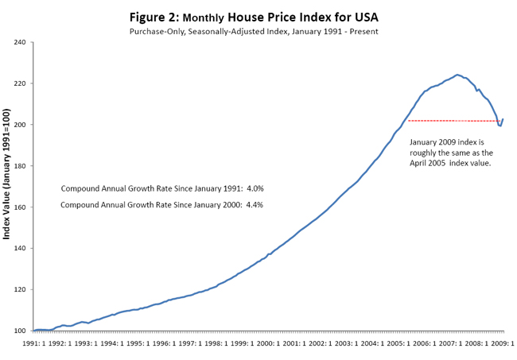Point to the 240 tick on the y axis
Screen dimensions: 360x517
click(x=21, y=42)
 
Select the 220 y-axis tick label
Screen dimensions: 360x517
click(x=21, y=83)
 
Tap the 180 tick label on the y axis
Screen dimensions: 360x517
click(x=21, y=166)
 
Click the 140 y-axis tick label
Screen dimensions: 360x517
click(x=21, y=249)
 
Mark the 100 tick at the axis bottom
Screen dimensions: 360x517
click(x=21, y=331)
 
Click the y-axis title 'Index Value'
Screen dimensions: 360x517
click(x=7, y=188)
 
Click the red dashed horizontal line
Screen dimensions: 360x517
click(x=453, y=121)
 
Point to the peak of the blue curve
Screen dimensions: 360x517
click(x=457, y=75)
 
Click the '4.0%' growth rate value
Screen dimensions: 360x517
click(x=255, y=188)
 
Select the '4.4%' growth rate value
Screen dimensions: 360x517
click(x=255, y=206)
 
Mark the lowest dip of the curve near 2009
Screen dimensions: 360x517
click(x=500, y=126)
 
